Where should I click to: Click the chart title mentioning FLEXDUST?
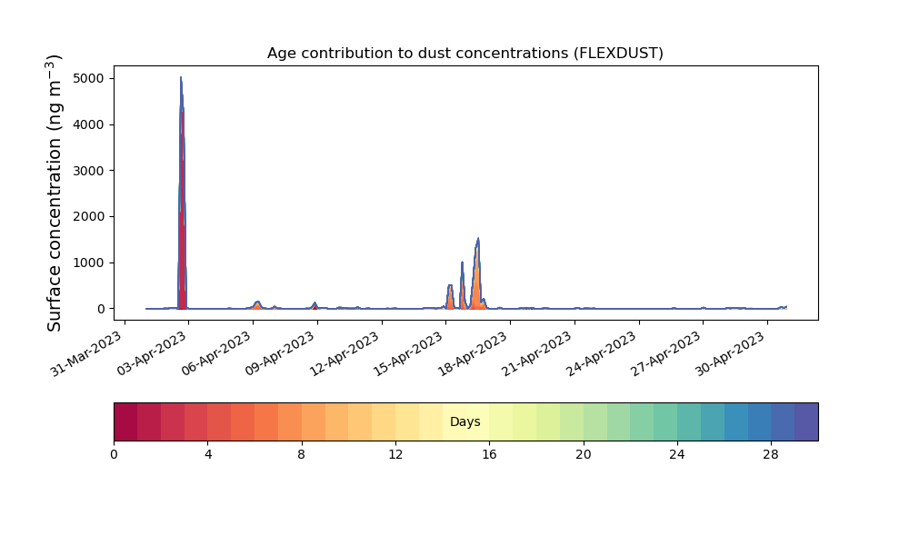pyautogui.click(x=464, y=54)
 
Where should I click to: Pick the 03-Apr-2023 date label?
pyautogui.click(x=152, y=354)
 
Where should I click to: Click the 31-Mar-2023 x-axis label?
pyautogui.click(x=86, y=354)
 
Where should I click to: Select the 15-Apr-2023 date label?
pyautogui.click(x=409, y=354)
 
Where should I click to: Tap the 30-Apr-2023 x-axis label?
pyautogui.click(x=731, y=354)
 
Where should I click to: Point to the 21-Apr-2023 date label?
pyautogui.click(x=537, y=354)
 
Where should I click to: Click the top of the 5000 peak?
pyautogui.click(x=181, y=77)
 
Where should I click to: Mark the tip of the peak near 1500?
pyautogui.click(x=478, y=238)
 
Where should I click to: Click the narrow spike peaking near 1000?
pyautogui.click(x=462, y=263)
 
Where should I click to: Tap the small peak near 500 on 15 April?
pyautogui.click(x=450, y=285)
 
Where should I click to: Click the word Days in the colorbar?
pyautogui.click(x=464, y=421)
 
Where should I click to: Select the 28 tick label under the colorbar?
pyautogui.click(x=771, y=455)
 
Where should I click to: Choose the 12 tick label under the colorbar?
pyautogui.click(x=395, y=455)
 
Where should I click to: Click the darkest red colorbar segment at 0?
pyautogui.click(x=125, y=421)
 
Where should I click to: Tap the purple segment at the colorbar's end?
pyautogui.click(x=806, y=421)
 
